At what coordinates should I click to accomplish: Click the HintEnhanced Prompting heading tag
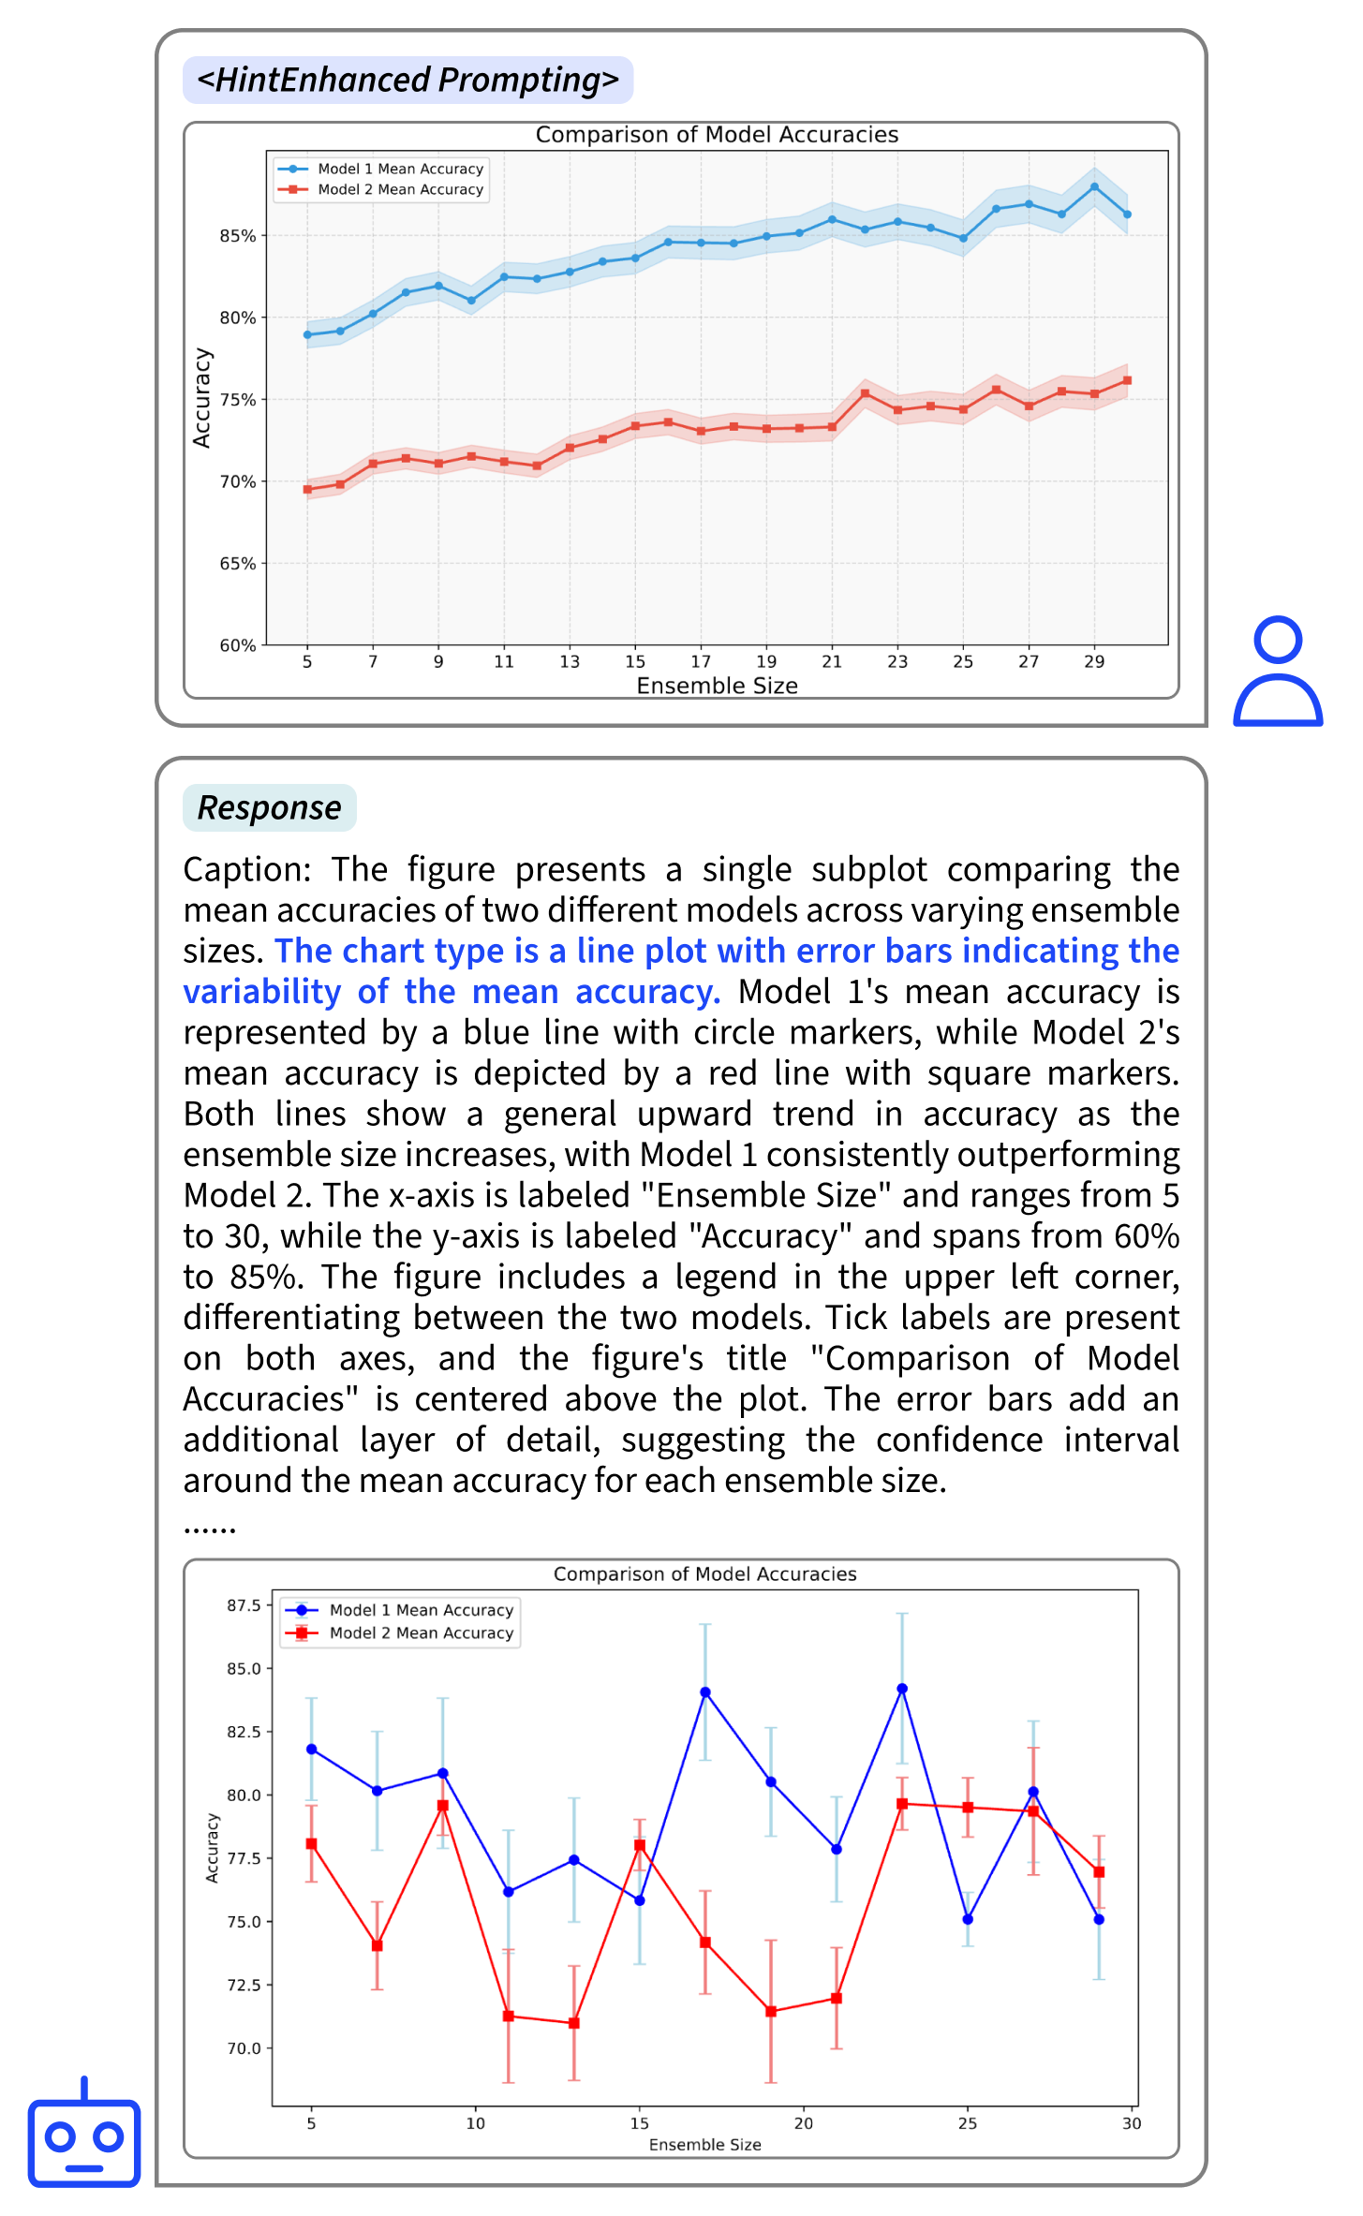tap(407, 81)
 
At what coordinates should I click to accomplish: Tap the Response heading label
tap(269, 807)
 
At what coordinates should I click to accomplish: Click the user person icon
tap(1278, 672)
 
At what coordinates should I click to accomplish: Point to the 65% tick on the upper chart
tap(237, 564)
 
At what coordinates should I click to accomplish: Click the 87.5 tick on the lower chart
tap(244, 1605)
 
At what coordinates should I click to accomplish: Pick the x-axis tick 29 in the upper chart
tap(1094, 662)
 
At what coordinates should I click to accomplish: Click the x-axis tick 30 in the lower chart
tap(1132, 2123)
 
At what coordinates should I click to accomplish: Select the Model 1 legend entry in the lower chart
tap(400, 1610)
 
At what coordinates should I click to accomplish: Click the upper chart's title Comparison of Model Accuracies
tap(717, 135)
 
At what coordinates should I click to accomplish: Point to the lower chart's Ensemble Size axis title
tap(704, 2145)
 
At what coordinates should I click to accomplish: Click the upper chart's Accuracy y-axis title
tap(201, 398)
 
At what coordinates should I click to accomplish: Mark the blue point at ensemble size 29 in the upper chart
tap(1094, 187)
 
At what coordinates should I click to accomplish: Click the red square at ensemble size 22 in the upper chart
tap(865, 393)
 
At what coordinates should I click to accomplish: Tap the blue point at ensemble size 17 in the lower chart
tap(705, 1692)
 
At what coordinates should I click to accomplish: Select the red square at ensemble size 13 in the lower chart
tap(574, 2023)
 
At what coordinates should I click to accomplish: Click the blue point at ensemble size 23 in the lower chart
tap(902, 1689)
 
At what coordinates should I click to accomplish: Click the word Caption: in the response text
tap(246, 869)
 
